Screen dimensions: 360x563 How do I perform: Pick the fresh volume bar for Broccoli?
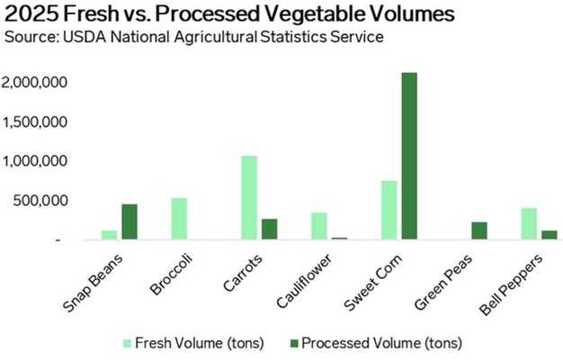click(x=179, y=219)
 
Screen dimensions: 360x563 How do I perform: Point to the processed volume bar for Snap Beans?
click(x=130, y=222)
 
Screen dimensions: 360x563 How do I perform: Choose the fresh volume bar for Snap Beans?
click(x=110, y=235)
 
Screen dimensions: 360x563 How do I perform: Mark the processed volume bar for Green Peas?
click(x=479, y=231)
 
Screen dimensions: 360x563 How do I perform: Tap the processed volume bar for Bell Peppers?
click(x=549, y=235)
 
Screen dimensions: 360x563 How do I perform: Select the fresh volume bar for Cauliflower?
click(x=319, y=226)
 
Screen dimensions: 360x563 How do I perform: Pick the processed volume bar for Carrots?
click(x=269, y=229)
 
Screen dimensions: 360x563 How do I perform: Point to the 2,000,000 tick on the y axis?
click(x=31, y=83)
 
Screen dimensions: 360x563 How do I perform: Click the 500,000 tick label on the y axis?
click(x=39, y=201)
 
